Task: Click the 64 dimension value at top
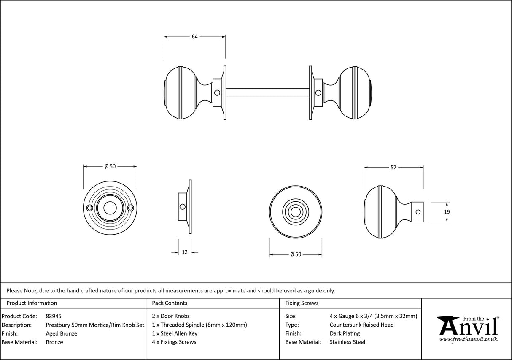pyautogui.click(x=194, y=37)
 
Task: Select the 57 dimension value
pyautogui.click(x=393, y=168)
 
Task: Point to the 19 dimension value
pyautogui.click(x=435, y=212)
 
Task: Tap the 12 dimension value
pyautogui.click(x=184, y=252)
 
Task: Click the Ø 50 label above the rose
pyautogui.click(x=110, y=166)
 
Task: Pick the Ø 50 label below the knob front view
pyautogui.click(x=296, y=254)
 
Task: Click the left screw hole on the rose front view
pyautogui.click(x=89, y=208)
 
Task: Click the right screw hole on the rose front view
pyautogui.click(x=130, y=208)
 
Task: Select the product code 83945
pyautogui.click(x=54, y=316)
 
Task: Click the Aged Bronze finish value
pyautogui.click(x=61, y=333)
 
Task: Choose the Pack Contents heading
pyautogui.click(x=170, y=303)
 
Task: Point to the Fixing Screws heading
pyautogui.click(x=302, y=303)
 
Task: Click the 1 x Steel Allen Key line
pyautogui.click(x=175, y=333)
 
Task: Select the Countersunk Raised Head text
pyautogui.click(x=361, y=325)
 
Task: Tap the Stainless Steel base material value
pyautogui.click(x=347, y=342)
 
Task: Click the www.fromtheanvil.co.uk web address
pyautogui.click(x=468, y=339)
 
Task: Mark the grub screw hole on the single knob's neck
pyautogui.click(x=419, y=212)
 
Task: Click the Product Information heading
pyautogui.click(x=32, y=303)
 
